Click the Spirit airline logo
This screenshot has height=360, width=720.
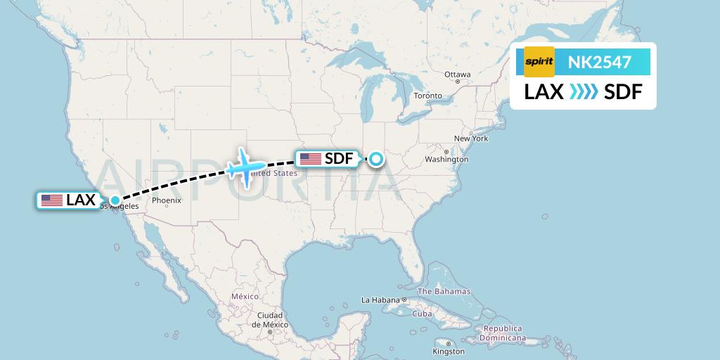point(539,62)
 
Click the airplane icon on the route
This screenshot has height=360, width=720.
point(245,167)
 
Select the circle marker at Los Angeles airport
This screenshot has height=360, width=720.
point(115,200)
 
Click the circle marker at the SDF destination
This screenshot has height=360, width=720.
point(377,159)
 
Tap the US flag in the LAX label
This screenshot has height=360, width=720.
point(52,200)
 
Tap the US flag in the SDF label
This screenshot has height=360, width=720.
point(310,159)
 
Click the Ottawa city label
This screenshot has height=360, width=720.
point(457,75)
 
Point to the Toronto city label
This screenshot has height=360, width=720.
point(427,96)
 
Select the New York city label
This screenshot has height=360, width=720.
point(471,139)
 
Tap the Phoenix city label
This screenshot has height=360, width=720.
point(167,200)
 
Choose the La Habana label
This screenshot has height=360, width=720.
point(380,300)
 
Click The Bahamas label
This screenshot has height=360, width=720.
point(444,291)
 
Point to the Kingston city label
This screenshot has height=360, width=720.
point(449,351)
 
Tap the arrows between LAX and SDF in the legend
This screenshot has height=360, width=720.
point(584,91)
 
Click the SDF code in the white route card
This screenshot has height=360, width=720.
point(623,91)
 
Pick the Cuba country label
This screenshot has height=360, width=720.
point(422,314)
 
